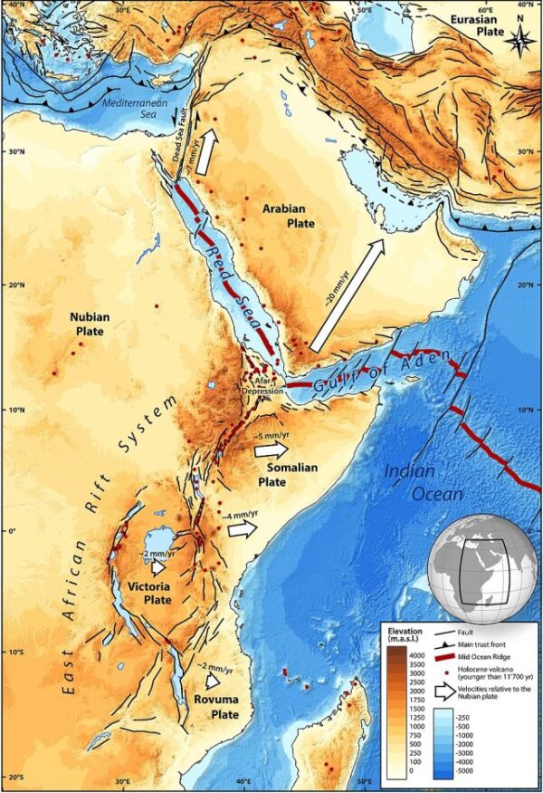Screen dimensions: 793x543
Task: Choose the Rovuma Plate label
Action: (216, 706)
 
